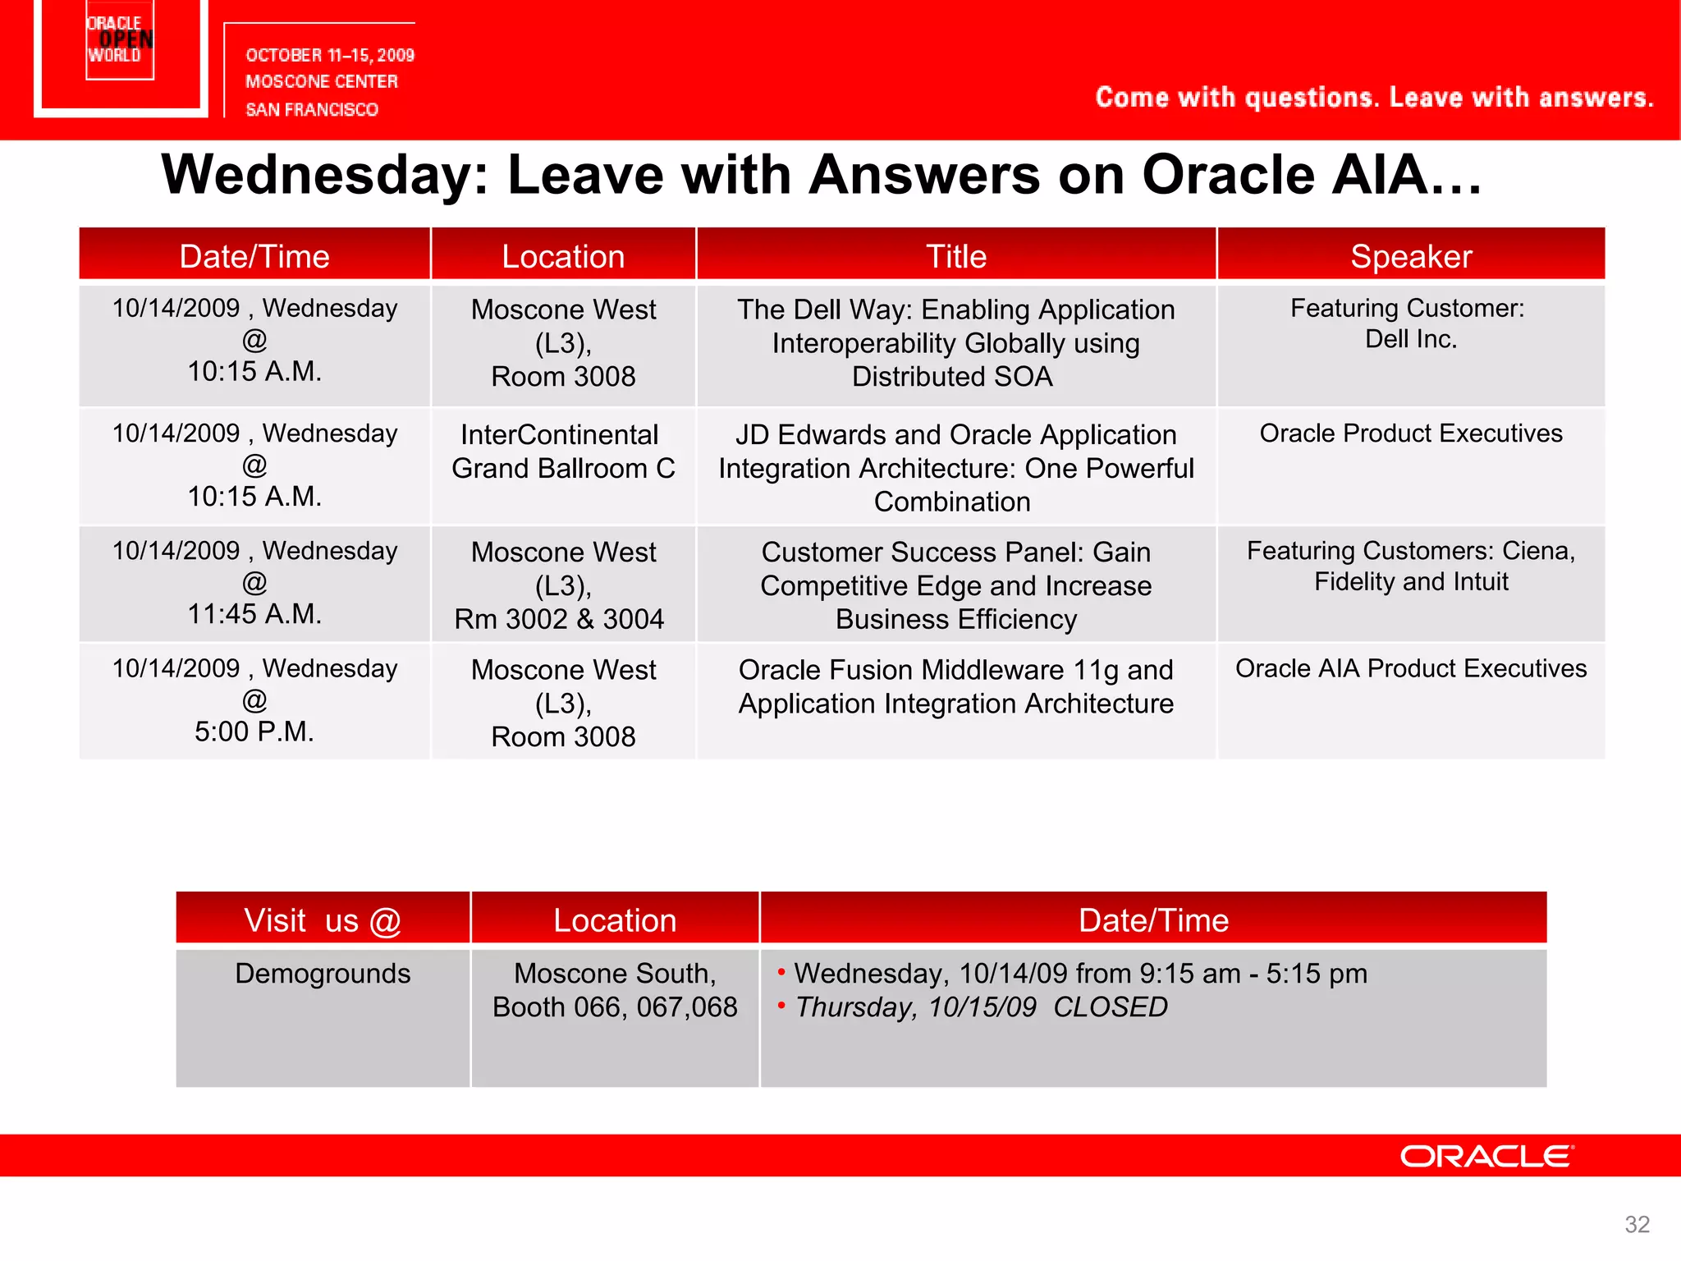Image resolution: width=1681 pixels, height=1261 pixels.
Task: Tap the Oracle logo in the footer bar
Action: pos(1486,1156)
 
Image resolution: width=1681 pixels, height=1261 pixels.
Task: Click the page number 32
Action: pos(1637,1224)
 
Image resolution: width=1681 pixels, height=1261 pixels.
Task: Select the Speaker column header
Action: pos(1411,256)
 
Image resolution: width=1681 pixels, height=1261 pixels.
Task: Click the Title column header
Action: pos(955,256)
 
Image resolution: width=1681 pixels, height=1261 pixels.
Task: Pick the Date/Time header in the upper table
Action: pos(254,256)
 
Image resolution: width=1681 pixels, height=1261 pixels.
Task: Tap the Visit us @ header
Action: pos(322,920)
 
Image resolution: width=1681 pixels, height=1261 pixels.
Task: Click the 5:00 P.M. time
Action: pos(254,731)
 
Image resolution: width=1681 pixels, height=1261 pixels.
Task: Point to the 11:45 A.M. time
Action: pos(254,613)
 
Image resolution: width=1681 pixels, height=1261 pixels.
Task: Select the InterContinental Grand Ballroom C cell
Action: pos(563,452)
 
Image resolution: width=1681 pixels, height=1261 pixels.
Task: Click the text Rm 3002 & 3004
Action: pos(559,619)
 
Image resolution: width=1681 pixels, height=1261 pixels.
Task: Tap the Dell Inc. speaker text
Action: pos(1411,339)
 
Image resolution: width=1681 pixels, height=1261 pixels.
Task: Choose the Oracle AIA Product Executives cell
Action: pos(1411,668)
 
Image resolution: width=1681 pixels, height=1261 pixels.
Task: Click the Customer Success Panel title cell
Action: pos(955,585)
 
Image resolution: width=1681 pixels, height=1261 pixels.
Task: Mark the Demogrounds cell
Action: pos(323,973)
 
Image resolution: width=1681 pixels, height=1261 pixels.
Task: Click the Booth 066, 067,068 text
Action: pos(615,1007)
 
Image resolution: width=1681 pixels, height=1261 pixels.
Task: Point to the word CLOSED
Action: pos(1110,1007)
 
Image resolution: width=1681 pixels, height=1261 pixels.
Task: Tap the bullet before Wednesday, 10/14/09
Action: pos(781,972)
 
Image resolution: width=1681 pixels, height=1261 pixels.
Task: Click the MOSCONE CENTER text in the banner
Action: pos(322,81)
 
